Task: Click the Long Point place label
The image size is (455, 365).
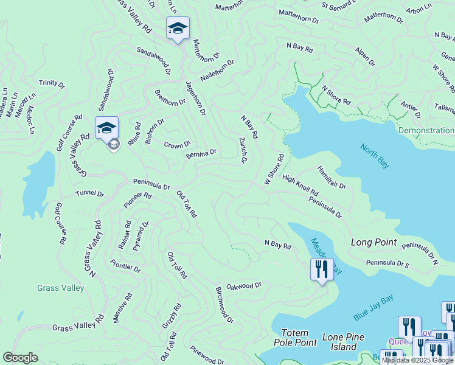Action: (373, 242)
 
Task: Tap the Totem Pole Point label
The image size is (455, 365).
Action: (299, 338)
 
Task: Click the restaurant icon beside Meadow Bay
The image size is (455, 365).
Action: (321, 269)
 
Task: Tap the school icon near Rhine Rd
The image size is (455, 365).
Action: (106, 128)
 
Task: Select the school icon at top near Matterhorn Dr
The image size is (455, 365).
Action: (178, 28)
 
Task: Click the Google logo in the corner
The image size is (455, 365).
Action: (20, 358)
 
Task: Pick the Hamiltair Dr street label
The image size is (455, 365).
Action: (332, 177)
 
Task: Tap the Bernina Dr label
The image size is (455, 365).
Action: (201, 154)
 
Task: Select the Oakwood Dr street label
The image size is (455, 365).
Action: (243, 285)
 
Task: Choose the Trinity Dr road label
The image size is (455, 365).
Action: (51, 83)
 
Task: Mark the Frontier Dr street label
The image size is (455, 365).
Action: (125, 265)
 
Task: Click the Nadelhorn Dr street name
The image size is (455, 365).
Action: (217, 73)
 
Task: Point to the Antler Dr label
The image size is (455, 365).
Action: (411, 110)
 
